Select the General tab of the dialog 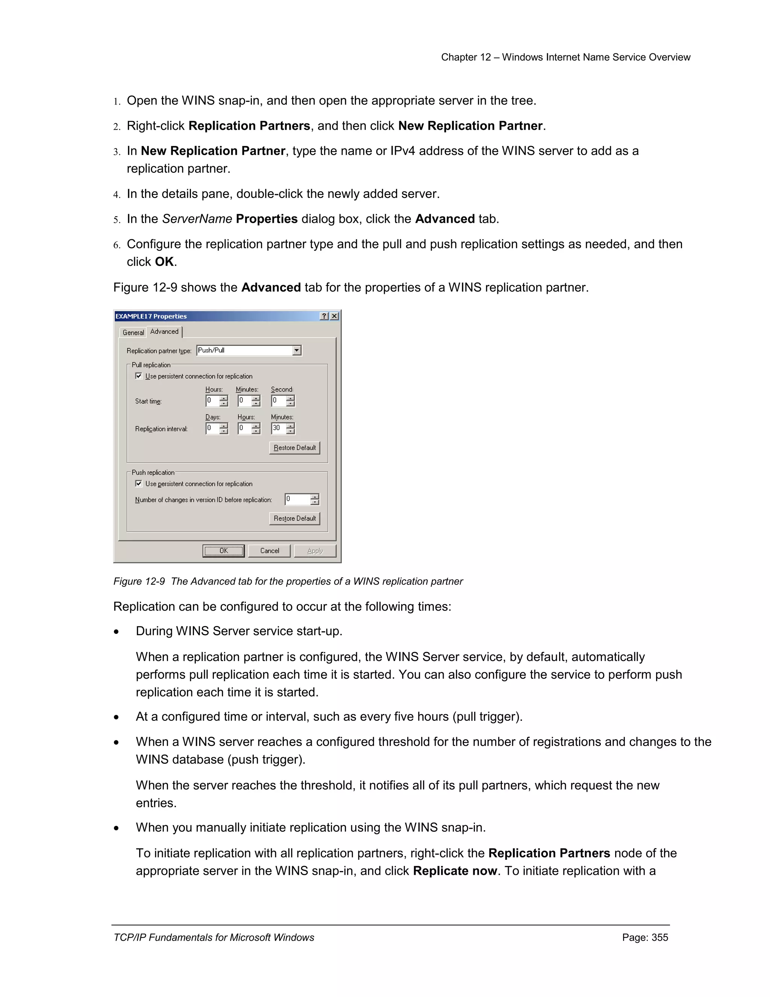point(133,332)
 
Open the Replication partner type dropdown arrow point(297,350)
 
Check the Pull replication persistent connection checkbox point(139,376)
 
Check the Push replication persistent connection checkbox point(139,483)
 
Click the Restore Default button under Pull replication point(295,447)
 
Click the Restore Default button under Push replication point(295,518)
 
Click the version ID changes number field point(297,499)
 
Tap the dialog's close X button point(334,316)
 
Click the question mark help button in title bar point(324,316)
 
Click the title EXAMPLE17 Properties point(151,316)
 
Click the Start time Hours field point(212,401)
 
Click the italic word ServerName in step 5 point(197,219)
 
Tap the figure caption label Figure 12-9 point(139,581)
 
